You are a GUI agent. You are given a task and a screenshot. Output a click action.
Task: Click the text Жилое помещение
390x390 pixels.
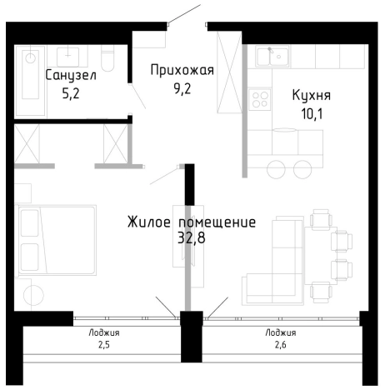click(x=191, y=222)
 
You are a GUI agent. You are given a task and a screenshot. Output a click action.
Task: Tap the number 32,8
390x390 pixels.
click(x=191, y=239)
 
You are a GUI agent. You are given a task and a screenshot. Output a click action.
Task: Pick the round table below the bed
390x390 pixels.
click(x=34, y=296)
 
